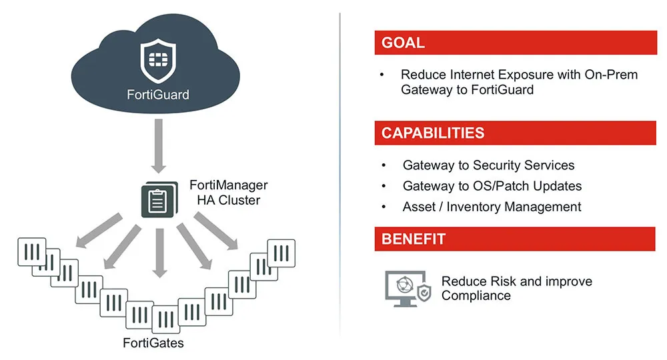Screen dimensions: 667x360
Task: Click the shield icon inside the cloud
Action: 158,61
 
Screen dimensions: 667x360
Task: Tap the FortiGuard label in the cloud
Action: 158,95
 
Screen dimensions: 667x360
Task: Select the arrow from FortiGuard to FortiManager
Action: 159,146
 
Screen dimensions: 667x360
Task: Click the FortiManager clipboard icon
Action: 159,199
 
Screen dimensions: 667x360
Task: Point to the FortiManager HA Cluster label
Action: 228,193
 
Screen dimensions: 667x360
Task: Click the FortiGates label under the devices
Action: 153,343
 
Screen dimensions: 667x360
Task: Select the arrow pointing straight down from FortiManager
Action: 160,253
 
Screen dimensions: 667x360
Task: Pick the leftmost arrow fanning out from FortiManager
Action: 99,231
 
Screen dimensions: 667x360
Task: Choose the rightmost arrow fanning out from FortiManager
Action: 216,231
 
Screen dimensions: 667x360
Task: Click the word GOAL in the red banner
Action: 403,43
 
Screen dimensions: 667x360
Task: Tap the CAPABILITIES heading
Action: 433,133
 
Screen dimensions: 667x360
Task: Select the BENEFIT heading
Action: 413,239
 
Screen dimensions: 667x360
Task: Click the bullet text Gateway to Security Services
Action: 488,165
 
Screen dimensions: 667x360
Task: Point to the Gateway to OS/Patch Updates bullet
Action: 492,186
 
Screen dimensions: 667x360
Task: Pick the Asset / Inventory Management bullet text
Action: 492,207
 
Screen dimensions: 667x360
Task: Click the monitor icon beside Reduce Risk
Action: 408,289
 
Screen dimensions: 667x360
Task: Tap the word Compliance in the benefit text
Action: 476,295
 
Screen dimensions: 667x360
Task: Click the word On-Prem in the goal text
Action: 611,75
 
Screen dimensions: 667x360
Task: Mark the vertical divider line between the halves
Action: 340,174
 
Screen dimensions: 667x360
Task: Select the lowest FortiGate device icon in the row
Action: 166,319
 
